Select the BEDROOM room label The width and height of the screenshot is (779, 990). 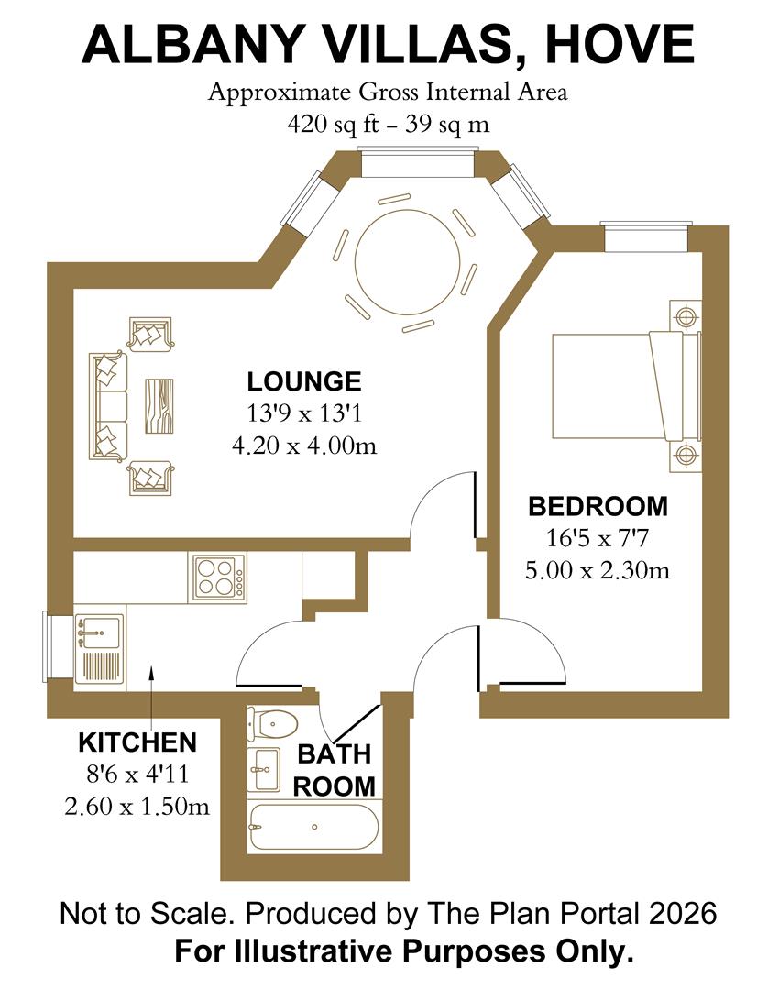598,506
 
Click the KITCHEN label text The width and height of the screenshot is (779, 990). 137,742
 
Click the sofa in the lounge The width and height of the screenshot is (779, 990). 108,405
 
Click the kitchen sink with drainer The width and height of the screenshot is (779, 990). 98,649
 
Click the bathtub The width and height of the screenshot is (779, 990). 313,828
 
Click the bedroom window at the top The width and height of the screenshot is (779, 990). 645,236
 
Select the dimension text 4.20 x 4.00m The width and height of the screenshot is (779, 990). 304,445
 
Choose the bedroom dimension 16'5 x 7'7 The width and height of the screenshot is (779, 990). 598,538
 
